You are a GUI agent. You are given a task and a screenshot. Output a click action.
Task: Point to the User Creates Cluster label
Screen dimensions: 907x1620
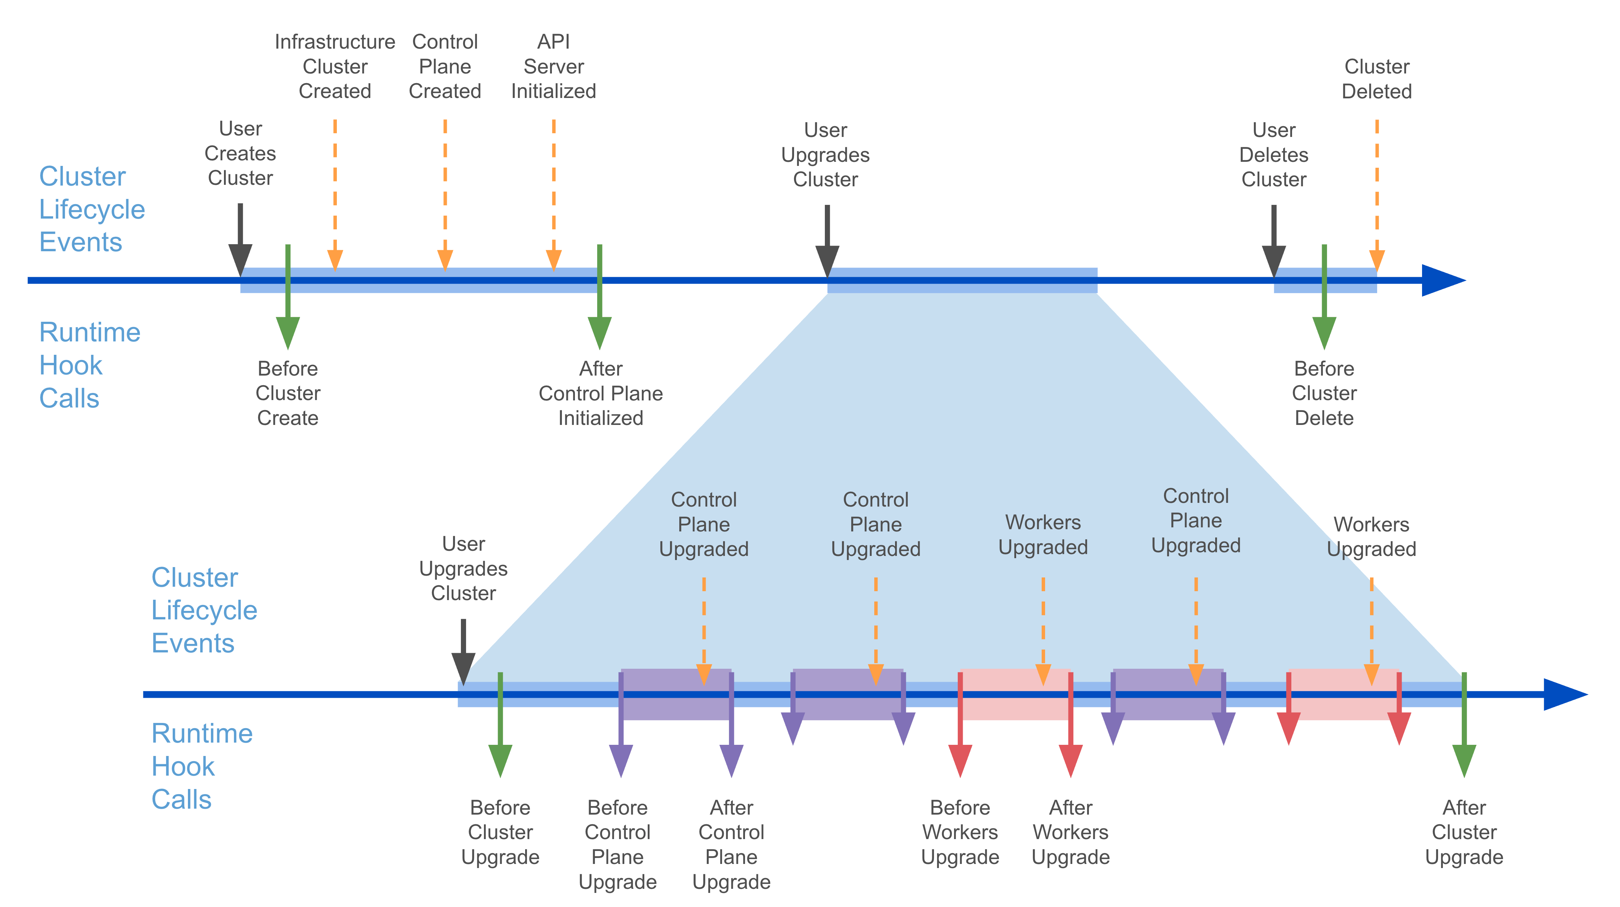pos(240,153)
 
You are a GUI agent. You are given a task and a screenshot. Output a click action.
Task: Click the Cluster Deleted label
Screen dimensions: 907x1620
pos(1377,79)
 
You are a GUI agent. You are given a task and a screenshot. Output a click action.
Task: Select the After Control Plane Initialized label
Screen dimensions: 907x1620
pos(601,393)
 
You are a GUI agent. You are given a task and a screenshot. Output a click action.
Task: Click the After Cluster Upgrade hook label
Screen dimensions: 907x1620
pos(1464,832)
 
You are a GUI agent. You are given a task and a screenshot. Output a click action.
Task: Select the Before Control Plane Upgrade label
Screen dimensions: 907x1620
pos(618,844)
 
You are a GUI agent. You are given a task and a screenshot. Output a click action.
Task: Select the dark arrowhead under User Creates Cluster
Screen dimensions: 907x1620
pos(240,259)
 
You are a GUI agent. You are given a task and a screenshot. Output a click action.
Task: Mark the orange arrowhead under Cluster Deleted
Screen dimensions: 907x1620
pos(1377,260)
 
